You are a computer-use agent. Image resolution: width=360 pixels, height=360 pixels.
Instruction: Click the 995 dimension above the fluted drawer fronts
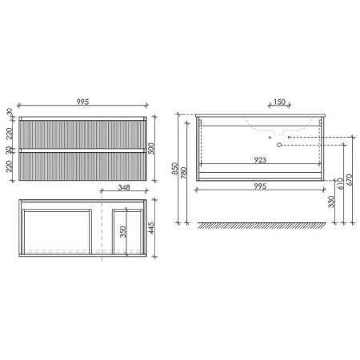pyautogui.click(x=82, y=102)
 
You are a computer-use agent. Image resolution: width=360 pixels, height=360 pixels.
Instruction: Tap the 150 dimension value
pyautogui.click(x=279, y=102)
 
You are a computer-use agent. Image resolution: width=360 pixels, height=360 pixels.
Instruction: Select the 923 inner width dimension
pyautogui.click(x=260, y=160)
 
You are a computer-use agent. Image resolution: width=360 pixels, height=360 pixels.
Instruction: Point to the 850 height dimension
pyautogui.click(x=175, y=168)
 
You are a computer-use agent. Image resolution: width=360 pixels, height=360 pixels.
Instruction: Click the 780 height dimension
pyautogui.click(x=184, y=173)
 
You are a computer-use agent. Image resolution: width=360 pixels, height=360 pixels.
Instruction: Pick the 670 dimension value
pyautogui.click(x=350, y=179)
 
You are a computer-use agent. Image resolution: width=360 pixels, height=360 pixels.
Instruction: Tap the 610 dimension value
pyautogui.click(x=341, y=183)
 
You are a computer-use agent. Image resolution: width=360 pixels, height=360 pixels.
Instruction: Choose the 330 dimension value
pyautogui.click(x=331, y=202)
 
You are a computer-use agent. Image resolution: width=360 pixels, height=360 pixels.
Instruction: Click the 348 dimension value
pyautogui.click(x=124, y=187)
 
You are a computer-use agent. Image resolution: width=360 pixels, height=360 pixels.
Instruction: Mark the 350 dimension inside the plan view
pyautogui.click(x=123, y=232)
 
